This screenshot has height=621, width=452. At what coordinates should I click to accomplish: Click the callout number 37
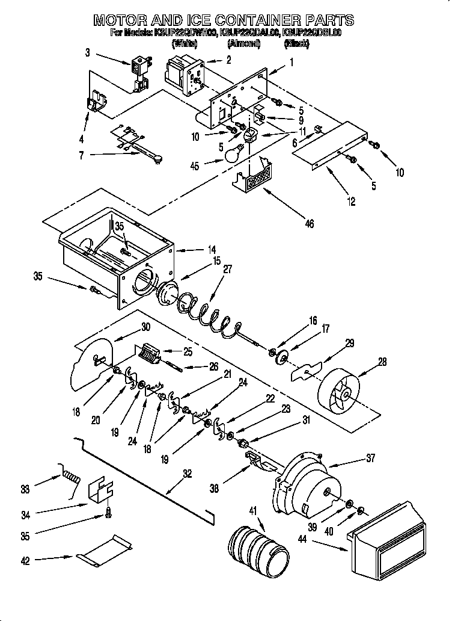tap(370, 458)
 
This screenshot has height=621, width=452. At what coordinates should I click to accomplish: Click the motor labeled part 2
tap(184, 74)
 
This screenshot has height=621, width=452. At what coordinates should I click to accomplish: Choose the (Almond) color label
tap(243, 44)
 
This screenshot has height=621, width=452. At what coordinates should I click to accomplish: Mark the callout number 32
tap(188, 474)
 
